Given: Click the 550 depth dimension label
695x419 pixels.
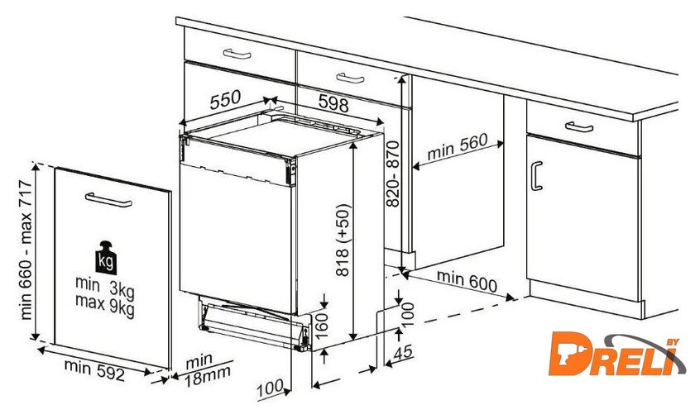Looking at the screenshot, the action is coord(225,100).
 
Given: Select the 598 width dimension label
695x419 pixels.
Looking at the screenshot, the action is coord(333,103).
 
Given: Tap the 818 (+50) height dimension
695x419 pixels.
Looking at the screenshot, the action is coord(343,240).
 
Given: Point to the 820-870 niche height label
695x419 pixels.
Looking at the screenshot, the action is coord(393,174).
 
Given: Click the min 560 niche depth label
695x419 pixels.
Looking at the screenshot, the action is coord(458,146).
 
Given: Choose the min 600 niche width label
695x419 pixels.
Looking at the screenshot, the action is coord(467,281).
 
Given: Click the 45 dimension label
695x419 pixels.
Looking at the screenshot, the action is coord(403,353).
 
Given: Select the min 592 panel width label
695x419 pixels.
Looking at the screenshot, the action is coord(94,369).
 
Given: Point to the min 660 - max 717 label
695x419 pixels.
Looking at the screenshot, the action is coord(26,250).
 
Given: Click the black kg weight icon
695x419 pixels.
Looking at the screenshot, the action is coord(106,258).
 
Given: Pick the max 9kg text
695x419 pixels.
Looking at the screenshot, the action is coord(104,305).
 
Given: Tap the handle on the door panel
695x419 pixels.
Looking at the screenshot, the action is coord(108,200).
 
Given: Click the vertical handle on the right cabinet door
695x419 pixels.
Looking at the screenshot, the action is coord(536,176).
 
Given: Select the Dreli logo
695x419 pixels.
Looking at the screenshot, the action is coord(617,354).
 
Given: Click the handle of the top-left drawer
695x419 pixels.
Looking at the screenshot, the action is coord(237,54).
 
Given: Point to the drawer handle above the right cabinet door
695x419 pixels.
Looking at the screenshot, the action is coord(579,127).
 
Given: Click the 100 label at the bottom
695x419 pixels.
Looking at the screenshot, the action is coord(270,388).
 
